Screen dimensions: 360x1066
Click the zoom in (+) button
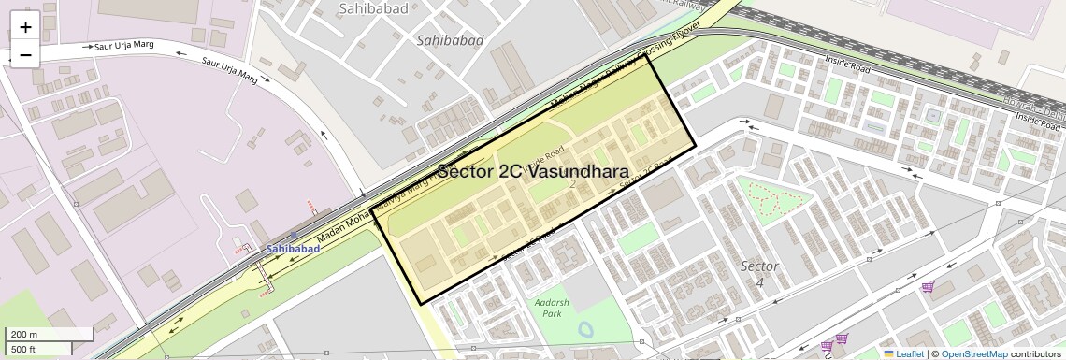[25, 28]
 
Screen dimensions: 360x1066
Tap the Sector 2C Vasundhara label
[533, 172]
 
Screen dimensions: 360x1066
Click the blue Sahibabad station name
[293, 249]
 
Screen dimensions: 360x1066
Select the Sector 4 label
[758, 273]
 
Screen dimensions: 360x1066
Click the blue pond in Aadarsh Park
[586, 329]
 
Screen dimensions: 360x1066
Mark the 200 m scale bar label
[24, 335]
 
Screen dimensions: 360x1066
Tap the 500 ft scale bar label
[23, 349]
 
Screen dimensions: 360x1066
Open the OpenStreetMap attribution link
[974, 353]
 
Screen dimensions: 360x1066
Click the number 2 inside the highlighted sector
[572, 183]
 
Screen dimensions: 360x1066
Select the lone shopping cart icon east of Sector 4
[928, 287]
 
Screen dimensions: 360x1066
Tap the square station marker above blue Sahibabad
[295, 236]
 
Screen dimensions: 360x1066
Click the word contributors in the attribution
[1035, 353]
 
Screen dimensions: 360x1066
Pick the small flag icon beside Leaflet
[889, 353]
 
